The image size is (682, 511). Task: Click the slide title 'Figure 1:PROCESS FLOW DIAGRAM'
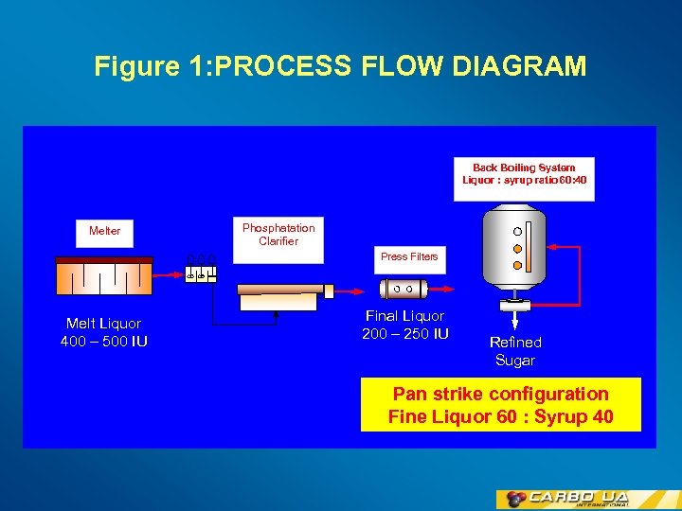pos(340,67)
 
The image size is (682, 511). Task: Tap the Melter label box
pos(104,231)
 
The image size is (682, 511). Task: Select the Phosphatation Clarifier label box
pos(278,235)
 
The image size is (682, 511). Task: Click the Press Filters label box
pos(409,256)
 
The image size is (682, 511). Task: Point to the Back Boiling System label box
pos(524,179)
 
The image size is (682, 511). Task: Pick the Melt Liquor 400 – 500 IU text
pos(103,332)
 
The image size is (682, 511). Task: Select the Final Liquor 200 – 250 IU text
pos(404,325)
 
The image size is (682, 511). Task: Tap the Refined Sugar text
pos(515,351)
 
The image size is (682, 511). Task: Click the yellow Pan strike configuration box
pos(500,405)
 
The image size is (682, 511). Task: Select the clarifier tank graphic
pos(278,296)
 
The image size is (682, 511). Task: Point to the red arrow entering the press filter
pos(355,290)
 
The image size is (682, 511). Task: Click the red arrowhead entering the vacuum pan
pos(549,248)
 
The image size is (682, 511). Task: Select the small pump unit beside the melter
pos(200,270)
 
